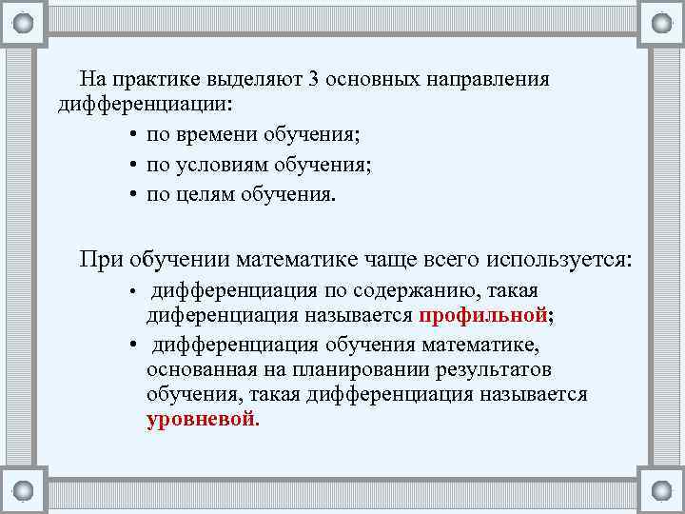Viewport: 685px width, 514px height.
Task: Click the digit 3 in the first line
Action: click(x=313, y=78)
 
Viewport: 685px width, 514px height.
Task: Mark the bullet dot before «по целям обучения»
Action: click(x=129, y=196)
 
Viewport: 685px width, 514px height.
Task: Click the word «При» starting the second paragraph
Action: click(x=101, y=259)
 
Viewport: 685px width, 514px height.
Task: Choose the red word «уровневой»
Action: click(x=201, y=418)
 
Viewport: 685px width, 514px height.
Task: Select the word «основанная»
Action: click(x=201, y=368)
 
